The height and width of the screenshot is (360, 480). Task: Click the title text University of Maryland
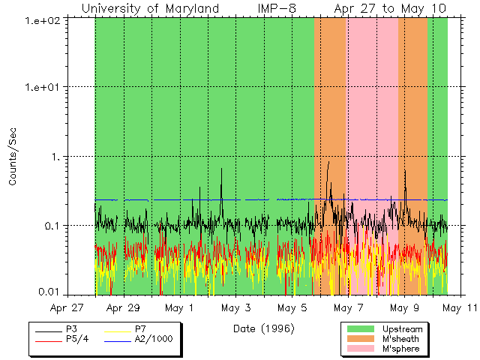tap(150, 8)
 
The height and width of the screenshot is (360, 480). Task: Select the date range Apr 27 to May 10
tap(390, 8)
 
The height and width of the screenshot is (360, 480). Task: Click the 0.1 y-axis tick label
tap(54, 226)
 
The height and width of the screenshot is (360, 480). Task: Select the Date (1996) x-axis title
tap(263, 328)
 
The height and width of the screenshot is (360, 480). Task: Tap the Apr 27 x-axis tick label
tap(67, 307)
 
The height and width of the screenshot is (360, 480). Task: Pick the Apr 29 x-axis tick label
tap(124, 307)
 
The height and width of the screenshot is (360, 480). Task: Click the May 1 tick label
tap(180, 307)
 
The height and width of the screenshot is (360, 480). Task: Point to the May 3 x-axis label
tap(236, 307)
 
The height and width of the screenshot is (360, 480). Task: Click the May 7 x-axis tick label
tap(348, 307)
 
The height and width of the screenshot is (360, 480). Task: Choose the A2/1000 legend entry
tap(153, 339)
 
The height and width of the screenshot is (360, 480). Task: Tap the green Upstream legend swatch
tap(359, 328)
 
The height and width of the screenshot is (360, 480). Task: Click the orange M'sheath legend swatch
tap(359, 339)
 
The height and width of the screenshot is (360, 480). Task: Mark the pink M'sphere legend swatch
tap(359, 349)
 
